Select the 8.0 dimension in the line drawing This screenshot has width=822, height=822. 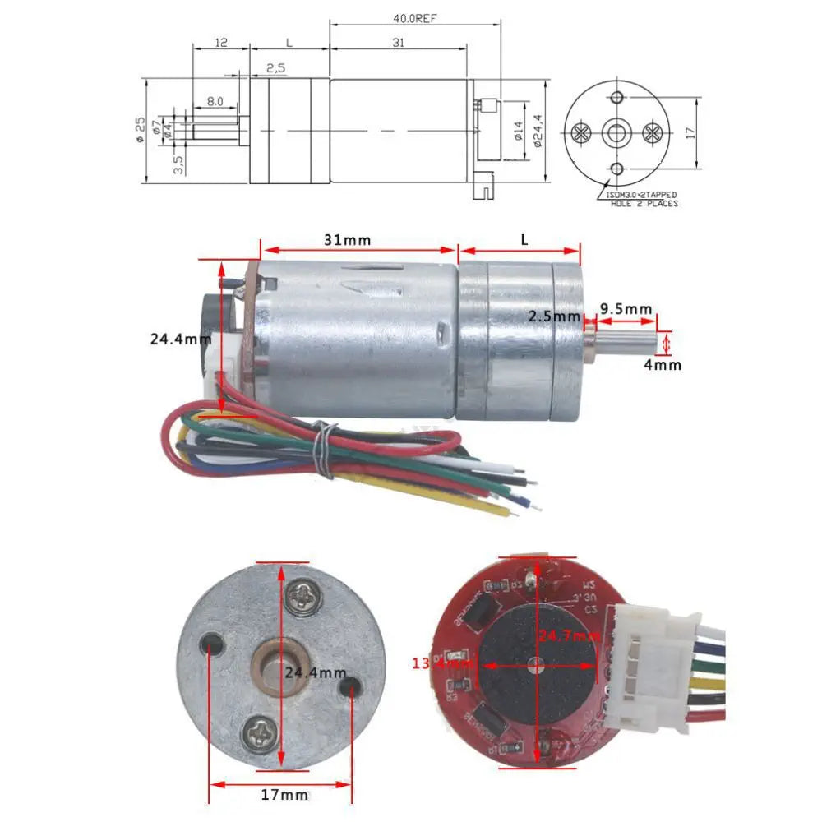(x=215, y=101)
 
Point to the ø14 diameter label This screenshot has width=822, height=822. (x=518, y=132)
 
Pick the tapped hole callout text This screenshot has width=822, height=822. (x=642, y=199)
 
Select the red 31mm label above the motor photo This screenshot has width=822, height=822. (x=346, y=240)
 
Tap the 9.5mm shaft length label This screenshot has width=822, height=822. (x=626, y=309)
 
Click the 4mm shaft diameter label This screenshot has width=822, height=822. (x=662, y=364)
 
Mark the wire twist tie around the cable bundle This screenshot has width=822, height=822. (x=326, y=449)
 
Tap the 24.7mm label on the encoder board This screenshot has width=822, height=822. (x=570, y=636)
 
